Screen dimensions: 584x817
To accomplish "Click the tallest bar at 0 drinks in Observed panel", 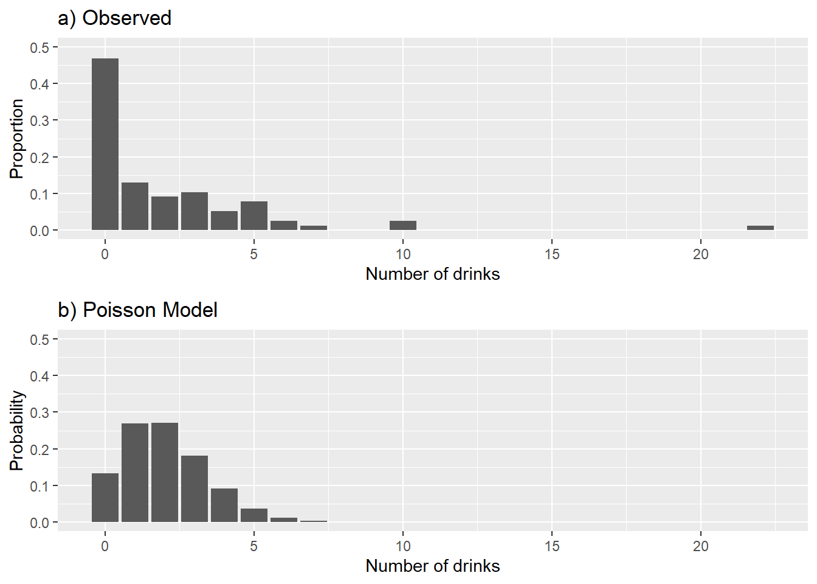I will pyautogui.click(x=105, y=144).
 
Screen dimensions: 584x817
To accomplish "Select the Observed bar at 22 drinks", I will pyautogui.click(x=760, y=228).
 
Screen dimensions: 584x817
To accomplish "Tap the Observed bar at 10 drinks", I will pyautogui.click(x=403, y=225).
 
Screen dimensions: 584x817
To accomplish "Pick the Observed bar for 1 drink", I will pyautogui.click(x=135, y=206).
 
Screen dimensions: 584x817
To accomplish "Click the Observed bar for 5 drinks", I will pyautogui.click(x=254, y=215).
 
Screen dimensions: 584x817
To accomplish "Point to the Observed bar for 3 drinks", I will pyautogui.click(x=195, y=211).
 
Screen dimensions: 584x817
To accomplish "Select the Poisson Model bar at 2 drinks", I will pyautogui.click(x=165, y=472).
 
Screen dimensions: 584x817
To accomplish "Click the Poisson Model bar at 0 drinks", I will pyautogui.click(x=105, y=498).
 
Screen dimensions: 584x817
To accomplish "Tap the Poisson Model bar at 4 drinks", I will pyautogui.click(x=224, y=505).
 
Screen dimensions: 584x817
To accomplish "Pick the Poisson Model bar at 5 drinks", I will pyautogui.click(x=254, y=515).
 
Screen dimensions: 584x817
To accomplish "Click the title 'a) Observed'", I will pyautogui.click(x=114, y=18).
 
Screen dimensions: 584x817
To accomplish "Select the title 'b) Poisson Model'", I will pyautogui.click(x=137, y=310).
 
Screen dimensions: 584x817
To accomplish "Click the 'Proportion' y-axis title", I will pyautogui.click(x=16, y=139).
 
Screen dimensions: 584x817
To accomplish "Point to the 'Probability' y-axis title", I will pyautogui.click(x=16, y=431).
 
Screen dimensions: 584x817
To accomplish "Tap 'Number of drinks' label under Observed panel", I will pyautogui.click(x=432, y=274).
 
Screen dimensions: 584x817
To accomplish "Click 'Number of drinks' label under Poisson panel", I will pyautogui.click(x=432, y=566).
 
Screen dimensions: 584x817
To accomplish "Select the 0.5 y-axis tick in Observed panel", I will pyautogui.click(x=40, y=47).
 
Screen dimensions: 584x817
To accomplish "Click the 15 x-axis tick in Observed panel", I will pyautogui.click(x=551, y=254).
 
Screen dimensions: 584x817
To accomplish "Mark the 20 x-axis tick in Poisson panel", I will pyautogui.click(x=700, y=546).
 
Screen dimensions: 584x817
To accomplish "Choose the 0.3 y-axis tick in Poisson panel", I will pyautogui.click(x=40, y=412).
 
